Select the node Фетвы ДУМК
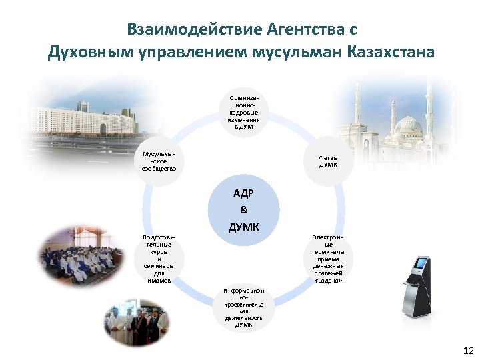328,160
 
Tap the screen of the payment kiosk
420,263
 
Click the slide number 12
467,350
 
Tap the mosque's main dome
406,125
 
